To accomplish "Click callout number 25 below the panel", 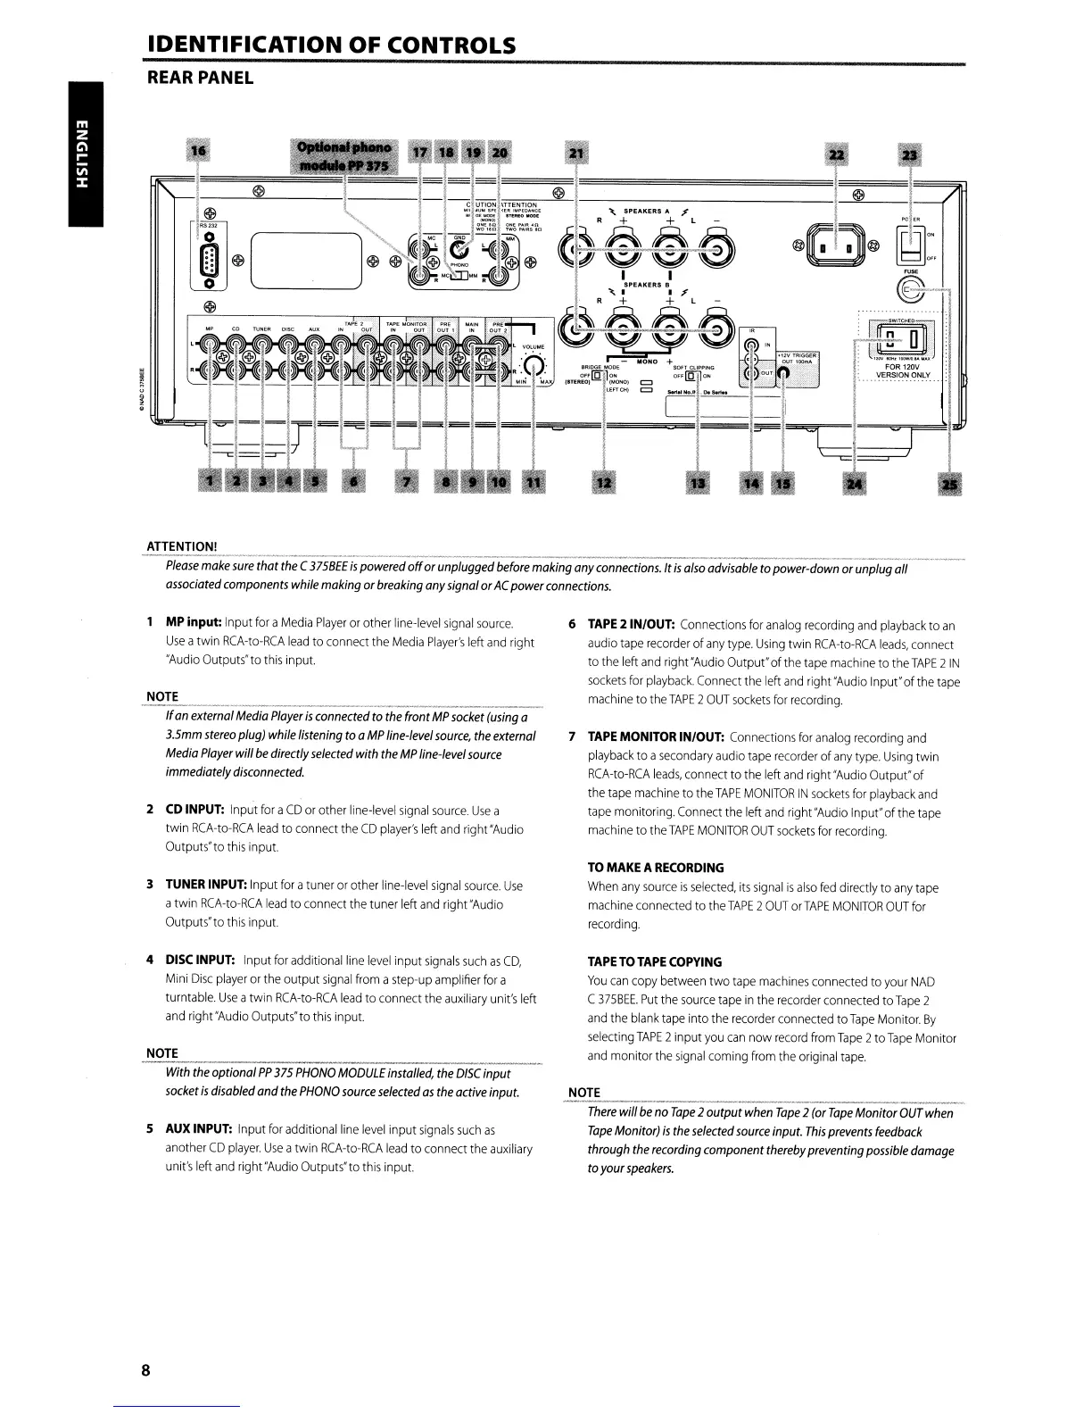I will [x=949, y=483].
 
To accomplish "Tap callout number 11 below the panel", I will [x=533, y=483].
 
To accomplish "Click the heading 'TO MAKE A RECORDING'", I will [x=656, y=868].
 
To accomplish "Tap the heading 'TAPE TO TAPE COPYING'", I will [x=654, y=962].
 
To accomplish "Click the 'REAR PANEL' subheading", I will [x=200, y=79].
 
